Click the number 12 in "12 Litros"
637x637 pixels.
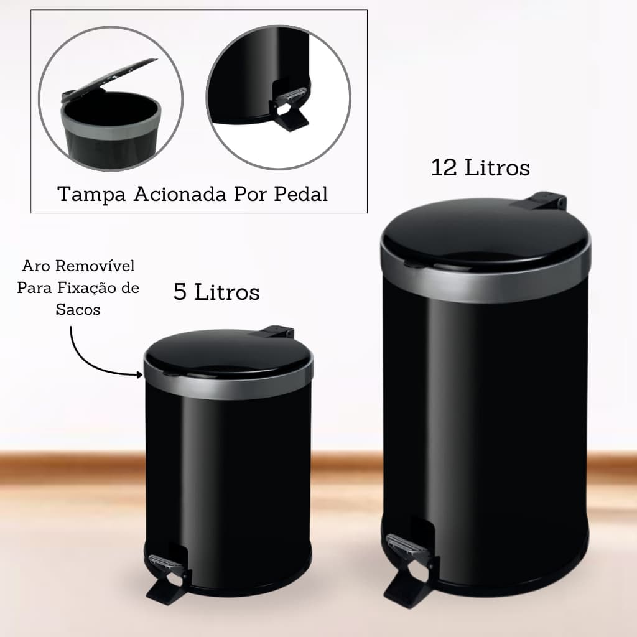tap(444, 167)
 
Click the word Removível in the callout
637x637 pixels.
tap(95, 267)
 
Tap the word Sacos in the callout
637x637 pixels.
tap(78, 310)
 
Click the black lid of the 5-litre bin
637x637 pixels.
tap(227, 352)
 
